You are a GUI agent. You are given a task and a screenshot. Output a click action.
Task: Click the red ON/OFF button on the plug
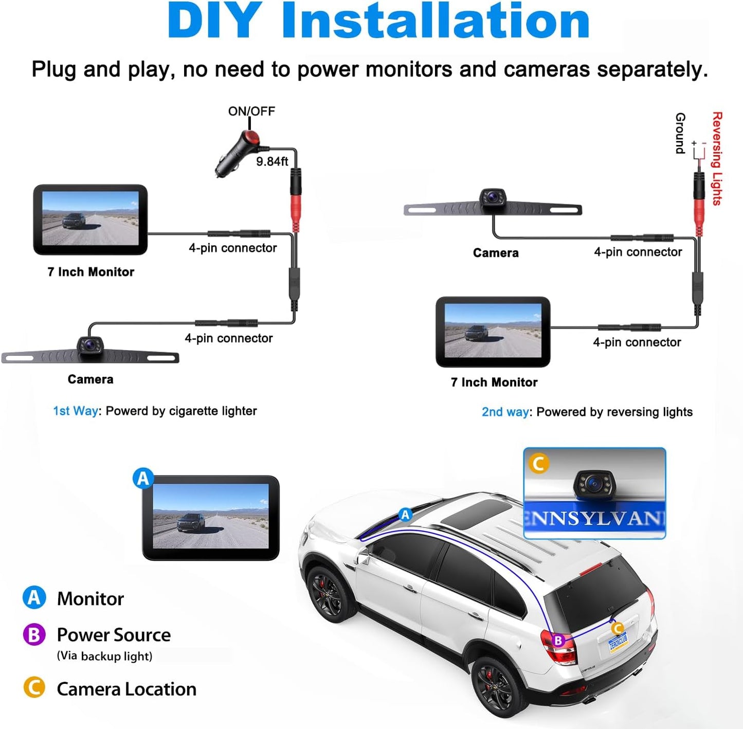(x=251, y=137)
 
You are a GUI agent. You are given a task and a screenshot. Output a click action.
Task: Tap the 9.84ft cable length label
(x=272, y=161)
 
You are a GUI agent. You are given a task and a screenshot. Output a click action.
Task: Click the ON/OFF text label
(x=251, y=111)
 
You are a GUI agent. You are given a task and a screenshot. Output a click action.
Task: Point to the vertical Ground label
(x=680, y=133)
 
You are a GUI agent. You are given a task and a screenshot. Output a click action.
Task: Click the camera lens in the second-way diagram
(x=492, y=196)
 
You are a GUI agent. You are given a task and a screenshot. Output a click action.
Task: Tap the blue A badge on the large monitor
(x=143, y=478)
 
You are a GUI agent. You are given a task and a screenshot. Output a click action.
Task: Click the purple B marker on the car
(x=558, y=641)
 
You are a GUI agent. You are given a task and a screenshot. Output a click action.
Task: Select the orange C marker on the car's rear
(x=617, y=628)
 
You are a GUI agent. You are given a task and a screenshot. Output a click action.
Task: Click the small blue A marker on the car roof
(x=406, y=515)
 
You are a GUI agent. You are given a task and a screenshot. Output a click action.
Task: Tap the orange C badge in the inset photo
(x=539, y=463)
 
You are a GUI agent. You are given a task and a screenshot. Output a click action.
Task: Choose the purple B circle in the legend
(x=34, y=634)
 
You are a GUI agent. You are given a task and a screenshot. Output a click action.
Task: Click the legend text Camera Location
(x=126, y=689)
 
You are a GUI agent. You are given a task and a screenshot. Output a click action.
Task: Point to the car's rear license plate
(x=619, y=642)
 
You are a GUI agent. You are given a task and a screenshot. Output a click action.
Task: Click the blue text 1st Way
(x=75, y=411)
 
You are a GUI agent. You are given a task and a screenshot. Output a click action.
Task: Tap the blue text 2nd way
(x=505, y=412)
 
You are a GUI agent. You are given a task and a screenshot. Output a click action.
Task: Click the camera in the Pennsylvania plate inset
(x=594, y=483)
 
